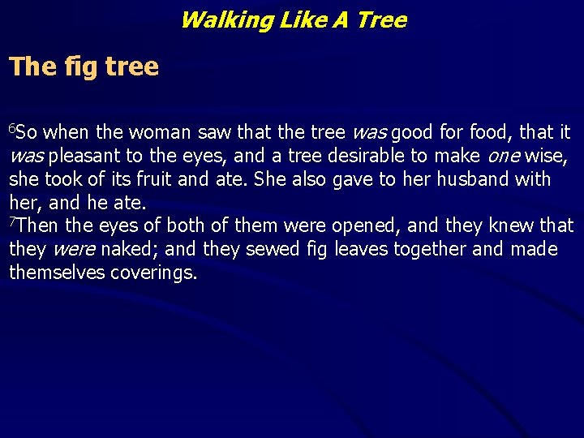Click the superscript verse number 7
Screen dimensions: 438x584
pos(12,221)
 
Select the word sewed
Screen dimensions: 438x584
pos(264,249)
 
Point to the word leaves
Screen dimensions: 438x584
pos(357,249)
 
